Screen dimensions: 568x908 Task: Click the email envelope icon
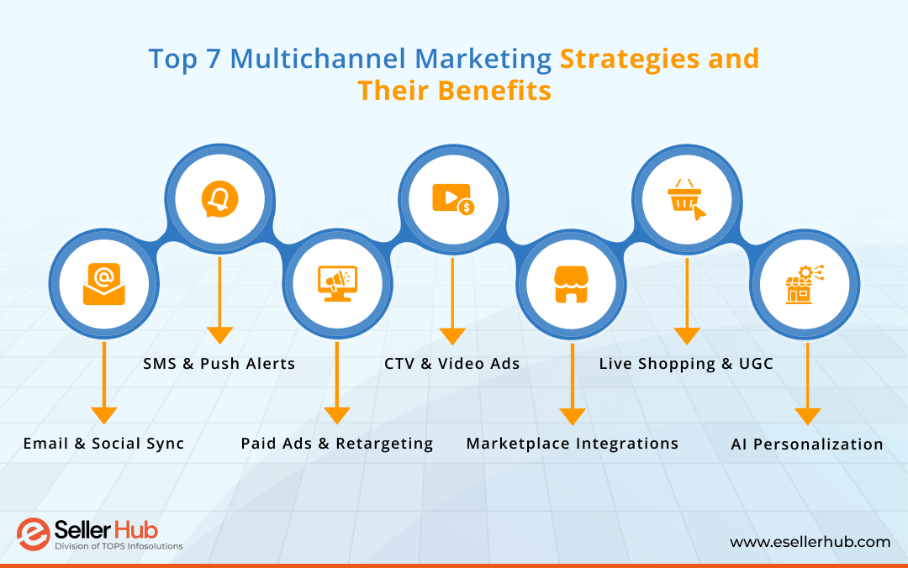coord(103,283)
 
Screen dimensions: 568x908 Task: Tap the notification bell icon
coord(219,199)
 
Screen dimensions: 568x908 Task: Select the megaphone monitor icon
coord(337,283)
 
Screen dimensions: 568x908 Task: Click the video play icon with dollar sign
coord(453,199)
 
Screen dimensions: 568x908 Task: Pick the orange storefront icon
coord(571,284)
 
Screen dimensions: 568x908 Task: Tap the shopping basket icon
coord(686,199)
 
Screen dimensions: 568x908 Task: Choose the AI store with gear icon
coord(805,284)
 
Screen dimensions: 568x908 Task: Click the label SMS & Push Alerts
coord(219,364)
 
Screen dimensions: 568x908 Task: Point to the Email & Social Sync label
coord(103,444)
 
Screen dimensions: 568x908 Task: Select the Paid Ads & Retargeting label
coord(337,444)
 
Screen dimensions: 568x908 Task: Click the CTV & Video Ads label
coord(452,364)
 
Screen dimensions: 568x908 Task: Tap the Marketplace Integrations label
coord(573,444)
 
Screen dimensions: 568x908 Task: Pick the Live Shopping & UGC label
coord(686,364)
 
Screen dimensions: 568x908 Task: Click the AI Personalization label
coord(807,444)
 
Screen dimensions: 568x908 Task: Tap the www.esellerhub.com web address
coord(810,542)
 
